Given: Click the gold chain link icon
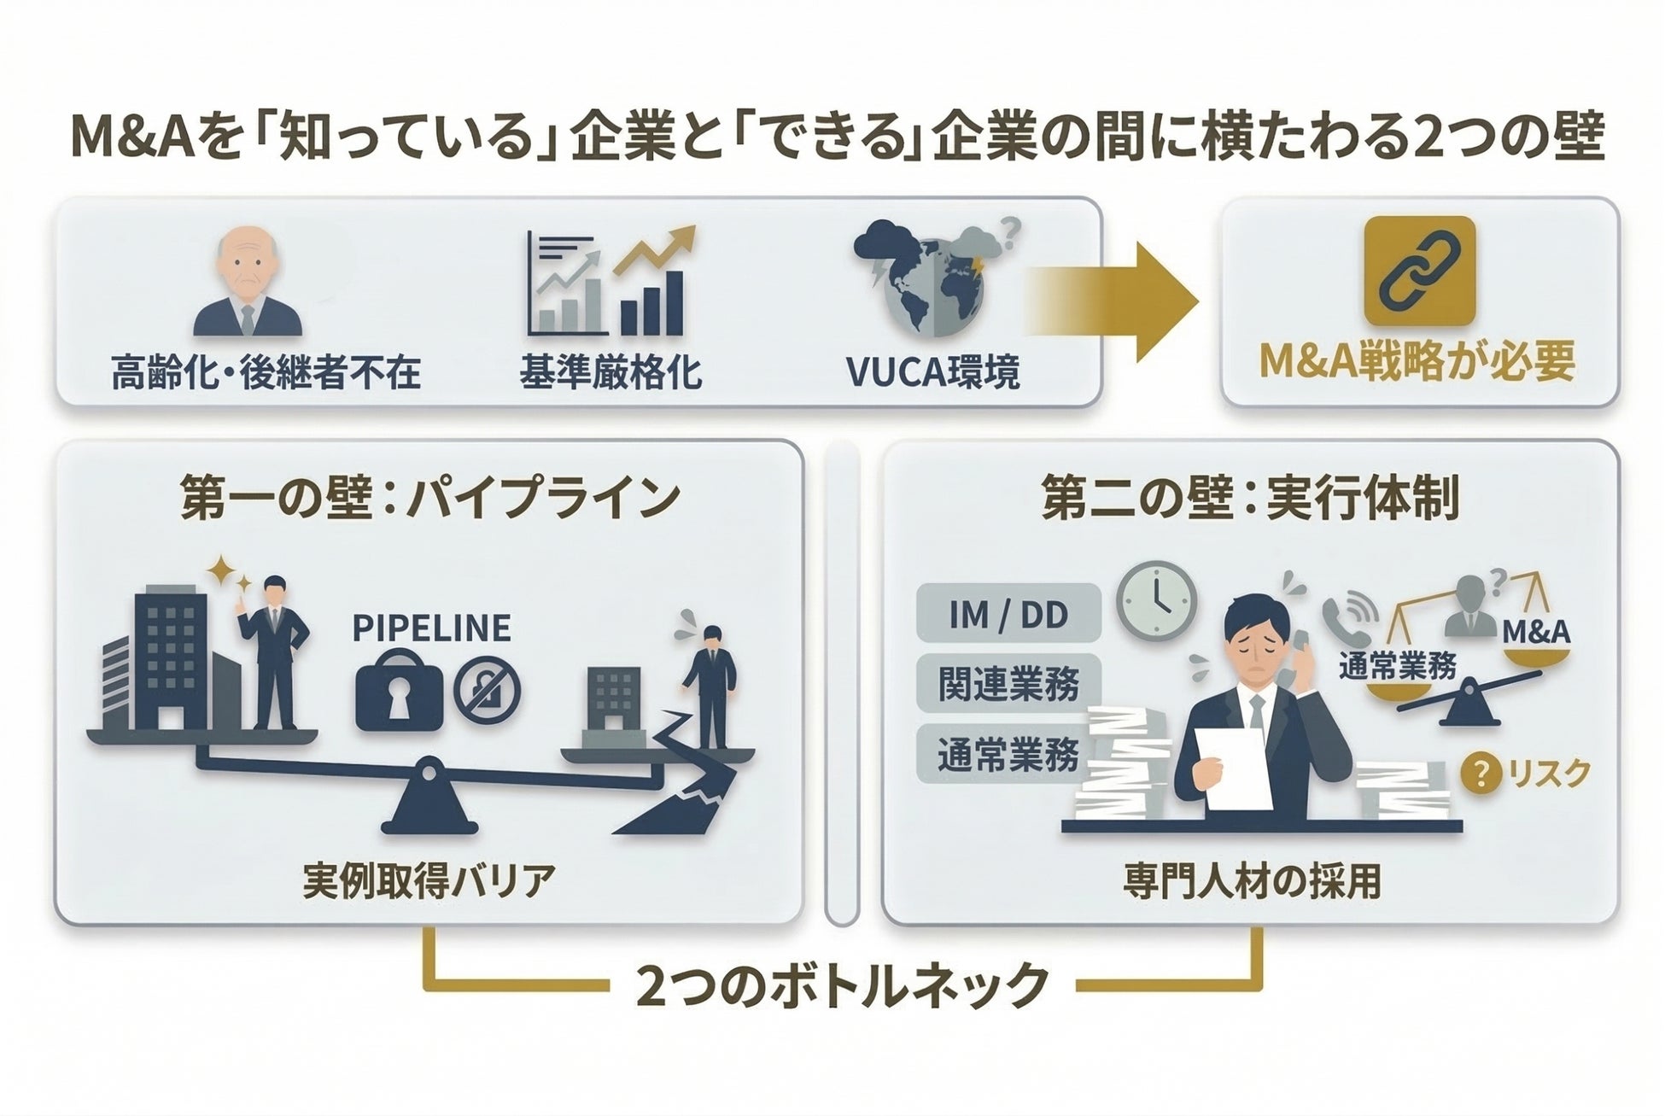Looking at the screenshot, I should click(x=1419, y=271).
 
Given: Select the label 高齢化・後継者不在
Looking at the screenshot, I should click(x=266, y=373).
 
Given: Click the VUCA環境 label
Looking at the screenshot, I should click(x=932, y=371).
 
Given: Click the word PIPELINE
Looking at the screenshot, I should click(x=431, y=628).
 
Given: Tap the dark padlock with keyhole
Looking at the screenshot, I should click(x=399, y=691).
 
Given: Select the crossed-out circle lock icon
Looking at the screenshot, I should click(x=487, y=691).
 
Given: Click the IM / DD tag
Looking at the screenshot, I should click(x=1008, y=614).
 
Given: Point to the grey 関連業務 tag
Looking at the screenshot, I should click(x=1008, y=684).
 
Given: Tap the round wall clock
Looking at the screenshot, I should click(x=1156, y=600).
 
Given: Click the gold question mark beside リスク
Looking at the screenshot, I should click(x=1481, y=774).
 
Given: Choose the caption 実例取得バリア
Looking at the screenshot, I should click(x=429, y=880).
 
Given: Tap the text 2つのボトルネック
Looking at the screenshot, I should click(x=842, y=985).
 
